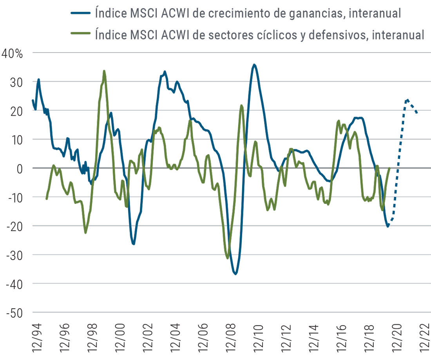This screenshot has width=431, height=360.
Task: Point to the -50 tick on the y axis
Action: click(x=14, y=313)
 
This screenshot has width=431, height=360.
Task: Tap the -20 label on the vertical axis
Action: click(x=14, y=226)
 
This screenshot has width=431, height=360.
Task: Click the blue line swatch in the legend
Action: click(x=81, y=13)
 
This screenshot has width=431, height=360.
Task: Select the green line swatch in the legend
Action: click(x=81, y=35)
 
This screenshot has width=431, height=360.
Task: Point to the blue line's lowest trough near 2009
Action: click(x=235, y=274)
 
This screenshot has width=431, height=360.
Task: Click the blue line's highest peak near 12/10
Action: click(x=255, y=65)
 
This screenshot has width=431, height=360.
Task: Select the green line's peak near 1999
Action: click(x=104, y=71)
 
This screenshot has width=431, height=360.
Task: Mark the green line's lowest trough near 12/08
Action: click(x=228, y=258)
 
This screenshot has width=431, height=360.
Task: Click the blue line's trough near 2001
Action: click(x=134, y=244)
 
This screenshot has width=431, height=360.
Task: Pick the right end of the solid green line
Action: click(x=389, y=167)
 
